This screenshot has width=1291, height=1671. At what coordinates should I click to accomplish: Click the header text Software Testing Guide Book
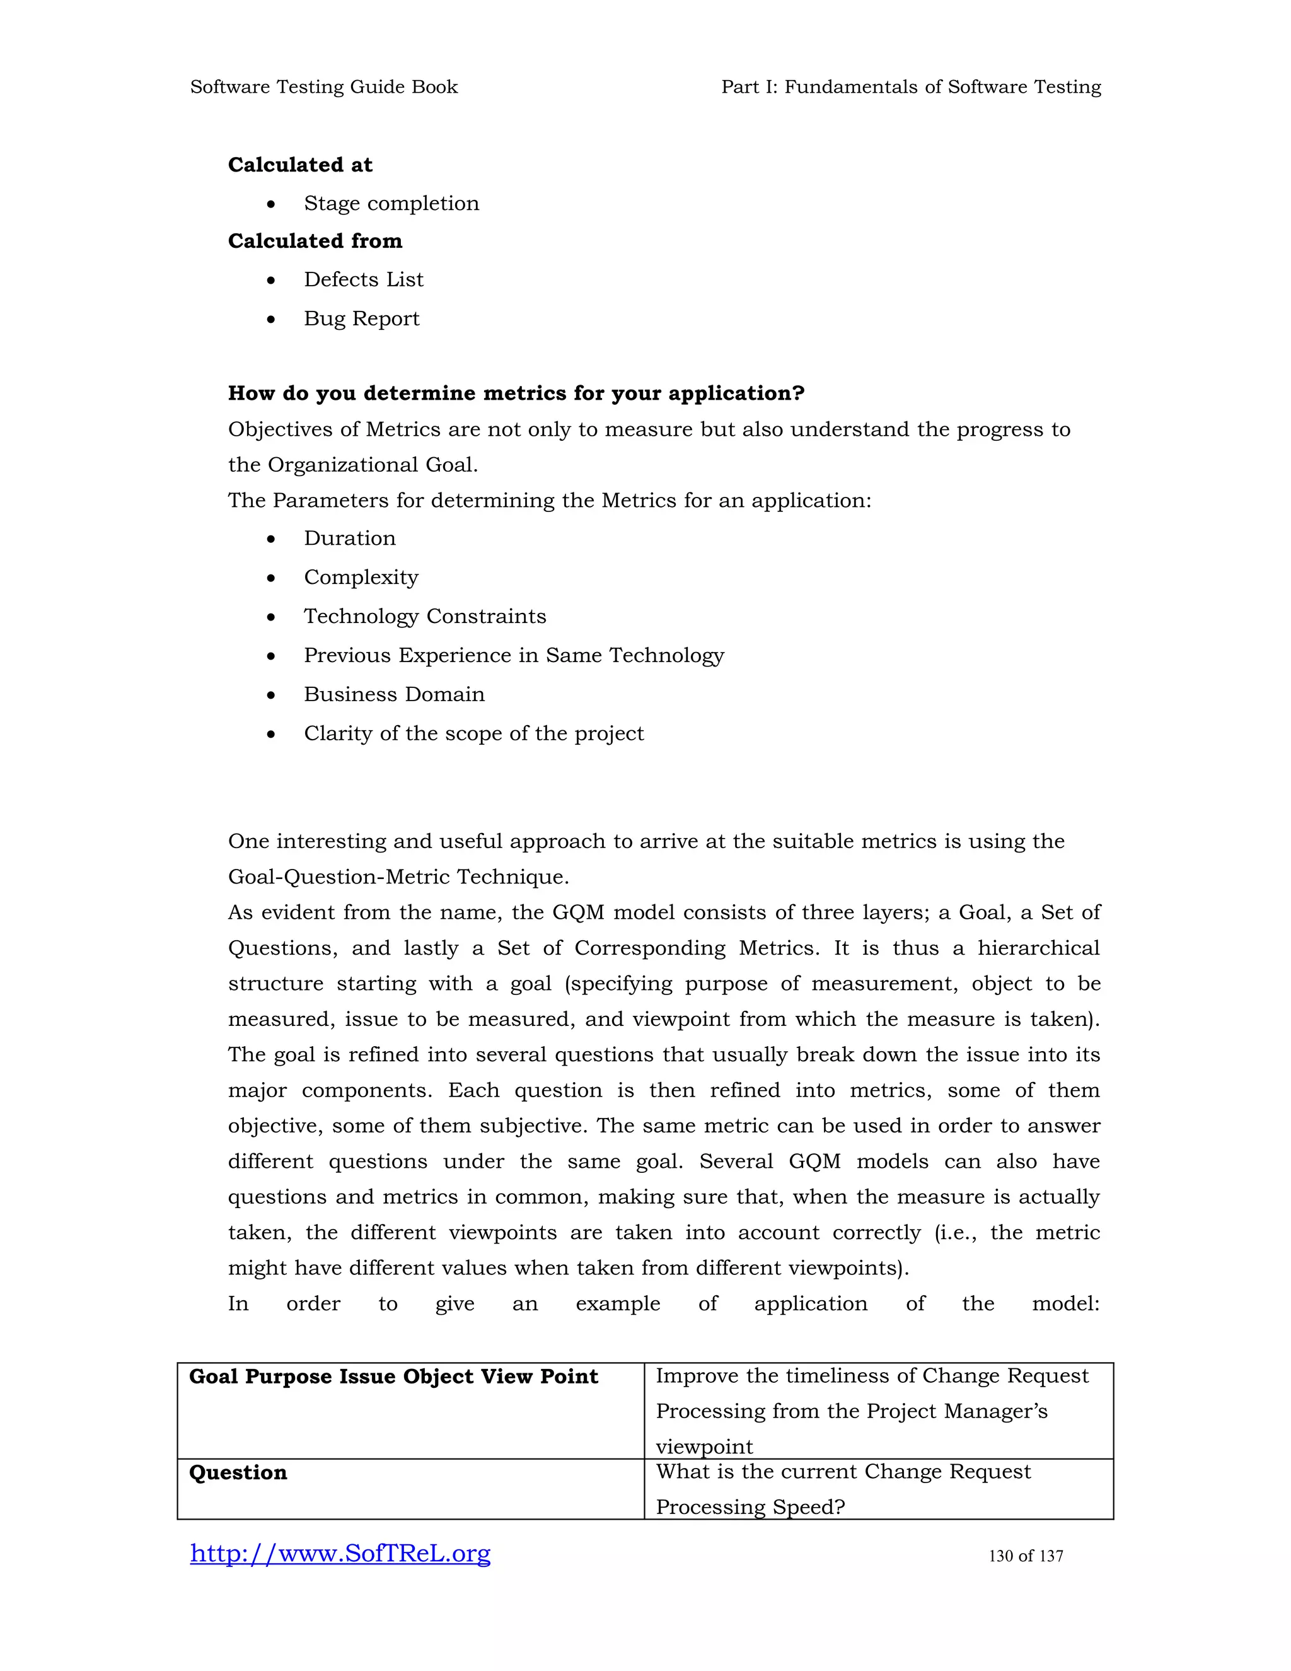pyautogui.click(x=323, y=87)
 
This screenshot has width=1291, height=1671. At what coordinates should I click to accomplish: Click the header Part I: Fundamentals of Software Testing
pyautogui.click(x=911, y=87)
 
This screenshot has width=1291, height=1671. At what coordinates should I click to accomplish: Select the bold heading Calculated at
pyautogui.click(x=300, y=165)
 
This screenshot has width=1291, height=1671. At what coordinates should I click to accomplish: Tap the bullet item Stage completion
pyautogui.click(x=391, y=204)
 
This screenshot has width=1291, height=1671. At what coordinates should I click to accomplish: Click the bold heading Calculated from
pyautogui.click(x=315, y=241)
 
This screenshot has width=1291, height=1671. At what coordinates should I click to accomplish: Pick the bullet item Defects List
pyautogui.click(x=363, y=280)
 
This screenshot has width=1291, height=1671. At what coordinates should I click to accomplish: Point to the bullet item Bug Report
pyautogui.click(x=361, y=318)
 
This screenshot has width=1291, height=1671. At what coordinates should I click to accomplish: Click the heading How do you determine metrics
pyautogui.click(x=516, y=393)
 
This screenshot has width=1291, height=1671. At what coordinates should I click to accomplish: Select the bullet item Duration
pyautogui.click(x=349, y=539)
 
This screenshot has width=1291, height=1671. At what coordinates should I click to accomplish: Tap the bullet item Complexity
pyautogui.click(x=361, y=578)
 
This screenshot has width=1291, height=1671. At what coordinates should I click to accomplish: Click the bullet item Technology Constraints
pyautogui.click(x=424, y=617)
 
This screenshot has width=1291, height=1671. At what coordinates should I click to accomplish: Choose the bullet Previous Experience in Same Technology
pyautogui.click(x=513, y=656)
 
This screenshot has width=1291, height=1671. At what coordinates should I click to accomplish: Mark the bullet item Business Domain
pyautogui.click(x=394, y=695)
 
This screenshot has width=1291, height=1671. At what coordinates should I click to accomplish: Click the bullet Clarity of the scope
pyautogui.click(x=473, y=734)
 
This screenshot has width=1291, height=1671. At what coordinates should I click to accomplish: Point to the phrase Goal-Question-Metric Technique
pyautogui.click(x=398, y=877)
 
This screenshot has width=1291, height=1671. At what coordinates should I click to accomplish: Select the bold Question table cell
pyautogui.click(x=238, y=1473)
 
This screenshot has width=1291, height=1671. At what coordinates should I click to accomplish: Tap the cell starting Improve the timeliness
pyautogui.click(x=872, y=1410)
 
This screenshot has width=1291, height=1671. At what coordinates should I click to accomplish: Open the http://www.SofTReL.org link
pyautogui.click(x=340, y=1553)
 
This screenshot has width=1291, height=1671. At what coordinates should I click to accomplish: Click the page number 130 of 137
pyautogui.click(x=1026, y=1556)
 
